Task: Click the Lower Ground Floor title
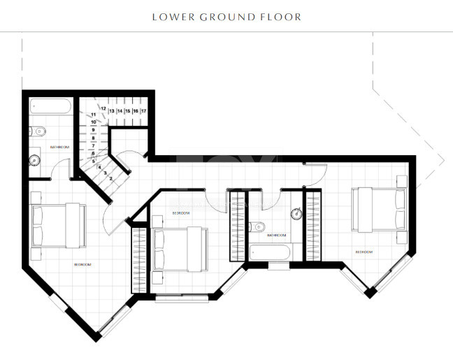[226, 16]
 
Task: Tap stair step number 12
[103, 109]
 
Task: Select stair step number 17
[143, 110]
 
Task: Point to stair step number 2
[110, 178]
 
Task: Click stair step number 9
[92, 130]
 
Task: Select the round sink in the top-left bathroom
[34, 159]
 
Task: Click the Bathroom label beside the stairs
[60, 147]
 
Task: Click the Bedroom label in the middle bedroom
[180, 213]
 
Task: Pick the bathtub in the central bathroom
[269, 251]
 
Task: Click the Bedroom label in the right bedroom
[364, 252]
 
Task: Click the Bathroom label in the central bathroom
[277, 236]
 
